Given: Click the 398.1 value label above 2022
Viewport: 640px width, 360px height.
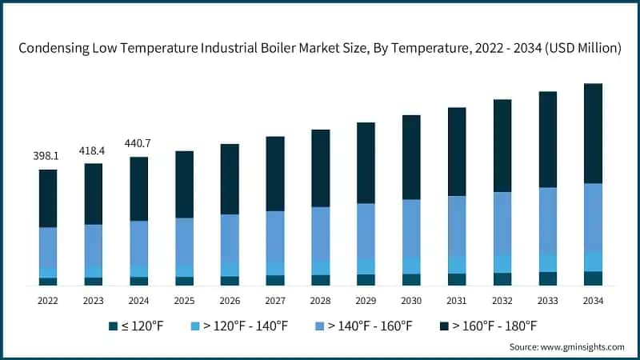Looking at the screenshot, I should pos(48,157).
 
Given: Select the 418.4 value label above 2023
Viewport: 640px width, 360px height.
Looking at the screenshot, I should pos(94,150).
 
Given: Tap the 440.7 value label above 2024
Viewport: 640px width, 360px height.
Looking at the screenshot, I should pos(138,144).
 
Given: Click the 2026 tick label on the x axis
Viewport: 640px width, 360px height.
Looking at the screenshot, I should pos(230,301).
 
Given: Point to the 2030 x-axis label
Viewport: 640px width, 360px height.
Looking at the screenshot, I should pos(411,301).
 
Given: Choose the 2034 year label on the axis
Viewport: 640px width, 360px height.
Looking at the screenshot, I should pos(593,301).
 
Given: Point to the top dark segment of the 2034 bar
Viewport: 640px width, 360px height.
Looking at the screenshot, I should pos(593,133).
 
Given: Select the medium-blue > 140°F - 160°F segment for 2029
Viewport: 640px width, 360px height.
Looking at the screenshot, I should pos(366,230).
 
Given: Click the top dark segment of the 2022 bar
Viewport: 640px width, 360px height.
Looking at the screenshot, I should pos(48,198).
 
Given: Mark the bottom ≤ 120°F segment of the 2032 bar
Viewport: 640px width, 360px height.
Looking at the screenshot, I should pos(502,278).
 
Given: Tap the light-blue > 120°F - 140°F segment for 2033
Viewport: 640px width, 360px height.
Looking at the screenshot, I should pos(547,262).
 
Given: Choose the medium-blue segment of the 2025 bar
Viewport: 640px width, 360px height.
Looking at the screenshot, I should pos(184,241).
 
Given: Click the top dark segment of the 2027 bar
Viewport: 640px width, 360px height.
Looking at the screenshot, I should pos(275,174).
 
